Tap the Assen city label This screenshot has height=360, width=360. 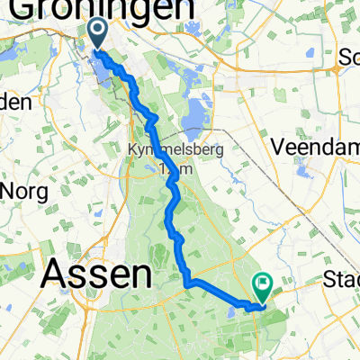pyautogui.click(x=97, y=274)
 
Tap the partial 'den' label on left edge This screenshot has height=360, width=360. pyautogui.click(x=14, y=102)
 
